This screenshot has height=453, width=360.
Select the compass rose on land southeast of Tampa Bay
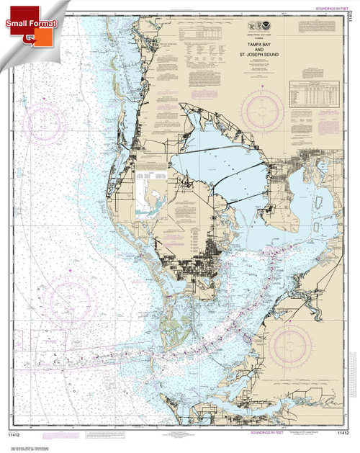[x=294, y=343]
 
